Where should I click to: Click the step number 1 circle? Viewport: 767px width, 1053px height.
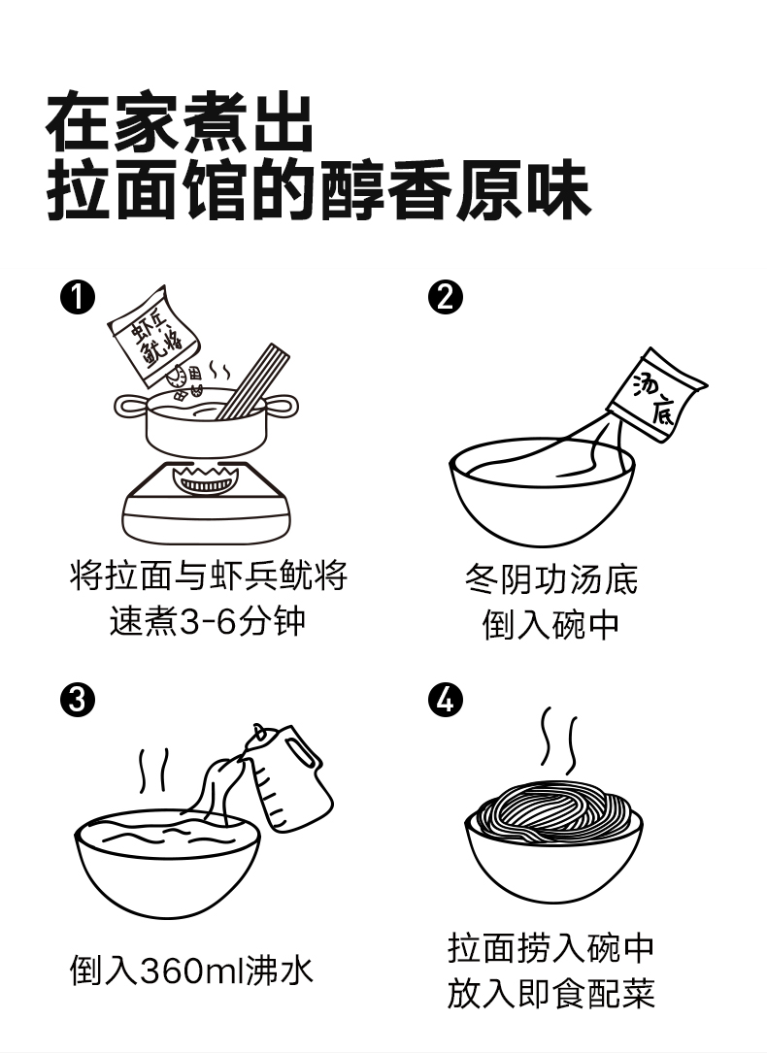[x=78, y=297]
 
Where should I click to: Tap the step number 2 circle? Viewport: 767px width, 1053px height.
[x=446, y=297]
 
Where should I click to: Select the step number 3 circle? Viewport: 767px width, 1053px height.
[x=78, y=700]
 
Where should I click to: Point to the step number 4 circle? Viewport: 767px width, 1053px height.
[x=446, y=700]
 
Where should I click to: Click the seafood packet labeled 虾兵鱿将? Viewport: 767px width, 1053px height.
[x=155, y=335]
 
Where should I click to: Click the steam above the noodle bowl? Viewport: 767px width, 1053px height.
[x=559, y=740]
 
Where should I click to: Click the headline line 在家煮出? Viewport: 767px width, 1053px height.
[x=180, y=124]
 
